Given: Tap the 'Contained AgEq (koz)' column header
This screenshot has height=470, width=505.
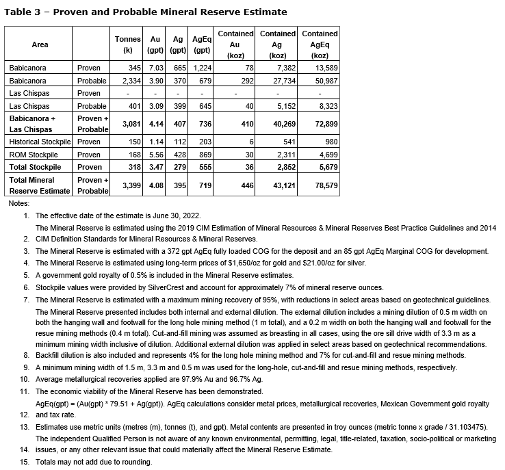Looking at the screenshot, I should click(x=320, y=44).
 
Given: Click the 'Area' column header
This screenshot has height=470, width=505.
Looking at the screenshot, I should click(x=40, y=44).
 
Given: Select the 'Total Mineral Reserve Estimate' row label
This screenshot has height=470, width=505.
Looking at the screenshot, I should click(x=40, y=185).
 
